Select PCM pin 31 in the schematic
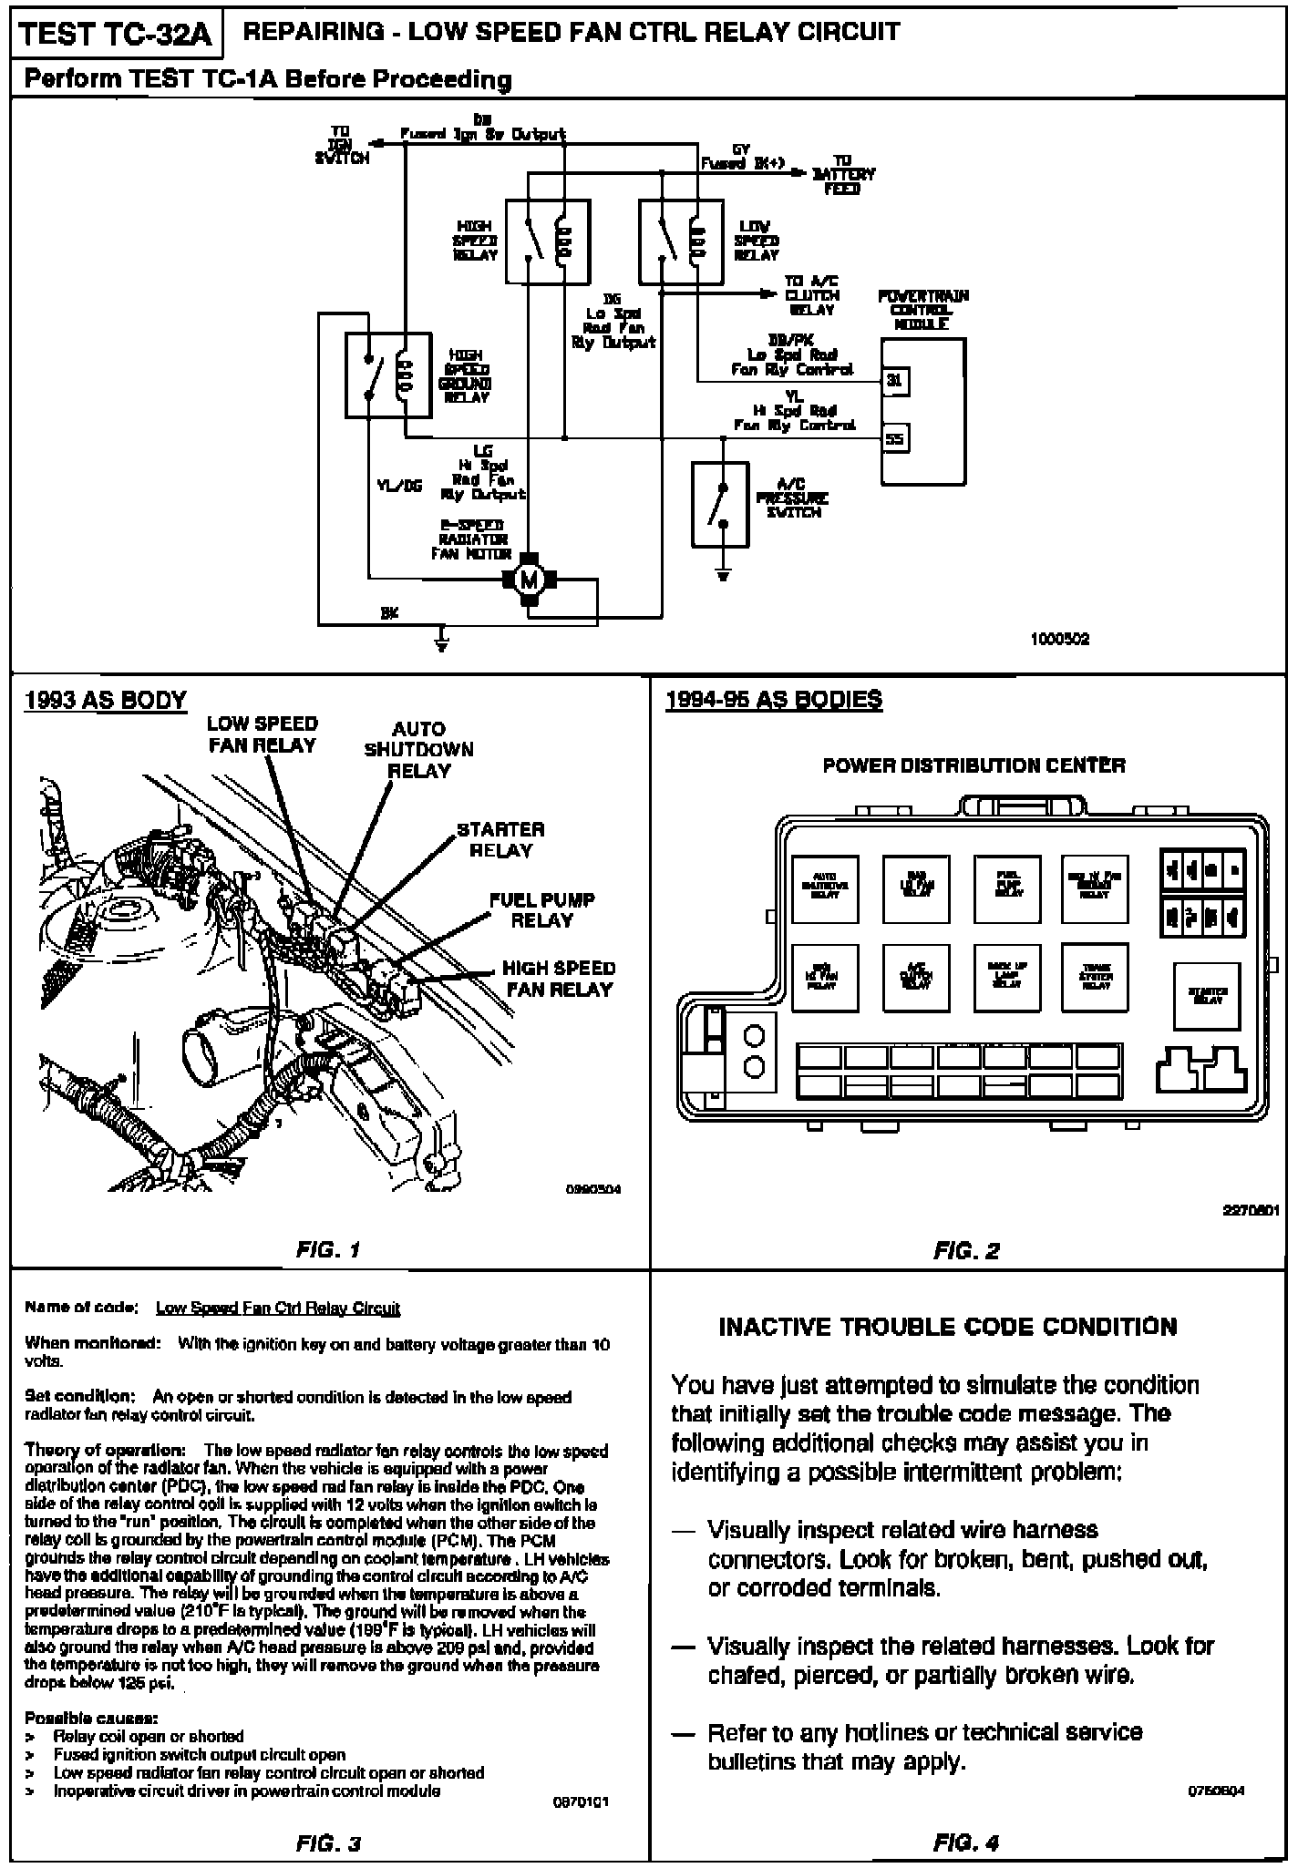pos(895,381)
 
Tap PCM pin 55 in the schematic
pos(895,439)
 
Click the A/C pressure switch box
pos(720,504)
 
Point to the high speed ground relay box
pos(387,375)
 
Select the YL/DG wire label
pos(398,486)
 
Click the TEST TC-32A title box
pos(115,35)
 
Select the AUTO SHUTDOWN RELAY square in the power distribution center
pos(824,889)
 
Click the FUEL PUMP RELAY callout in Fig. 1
pos(541,909)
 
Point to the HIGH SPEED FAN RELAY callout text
pos(559,978)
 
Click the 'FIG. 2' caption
pos(966,1251)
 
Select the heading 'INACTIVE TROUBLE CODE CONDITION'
pos(948,1326)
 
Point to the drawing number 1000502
pos(1059,640)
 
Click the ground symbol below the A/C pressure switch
pos(723,575)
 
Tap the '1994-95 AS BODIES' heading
pos(774,700)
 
